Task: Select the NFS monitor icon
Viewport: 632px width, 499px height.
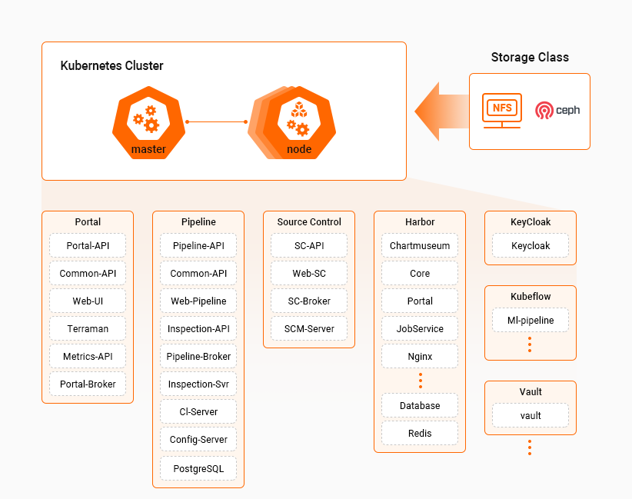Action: (501, 111)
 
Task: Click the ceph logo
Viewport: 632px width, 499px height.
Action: (557, 110)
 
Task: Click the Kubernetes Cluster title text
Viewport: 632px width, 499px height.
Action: (111, 66)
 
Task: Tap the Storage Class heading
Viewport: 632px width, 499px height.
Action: (530, 58)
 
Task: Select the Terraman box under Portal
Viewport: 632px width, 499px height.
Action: (88, 328)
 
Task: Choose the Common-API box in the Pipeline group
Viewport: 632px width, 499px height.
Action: (198, 273)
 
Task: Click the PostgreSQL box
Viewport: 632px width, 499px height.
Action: (198, 467)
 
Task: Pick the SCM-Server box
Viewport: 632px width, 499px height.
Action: (309, 328)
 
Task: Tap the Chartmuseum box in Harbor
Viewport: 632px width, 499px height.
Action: (420, 245)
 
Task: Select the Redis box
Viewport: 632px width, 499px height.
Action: (420, 433)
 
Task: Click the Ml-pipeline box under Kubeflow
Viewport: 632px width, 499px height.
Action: (531, 320)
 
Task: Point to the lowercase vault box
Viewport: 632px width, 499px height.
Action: (531, 415)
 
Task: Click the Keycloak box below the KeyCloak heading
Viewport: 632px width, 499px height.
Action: (531, 245)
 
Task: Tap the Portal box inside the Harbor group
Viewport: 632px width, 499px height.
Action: (420, 301)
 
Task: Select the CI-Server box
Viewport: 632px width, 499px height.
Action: (198, 411)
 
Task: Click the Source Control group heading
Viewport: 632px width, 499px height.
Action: (309, 222)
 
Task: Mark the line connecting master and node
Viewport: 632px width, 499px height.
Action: (216, 121)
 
